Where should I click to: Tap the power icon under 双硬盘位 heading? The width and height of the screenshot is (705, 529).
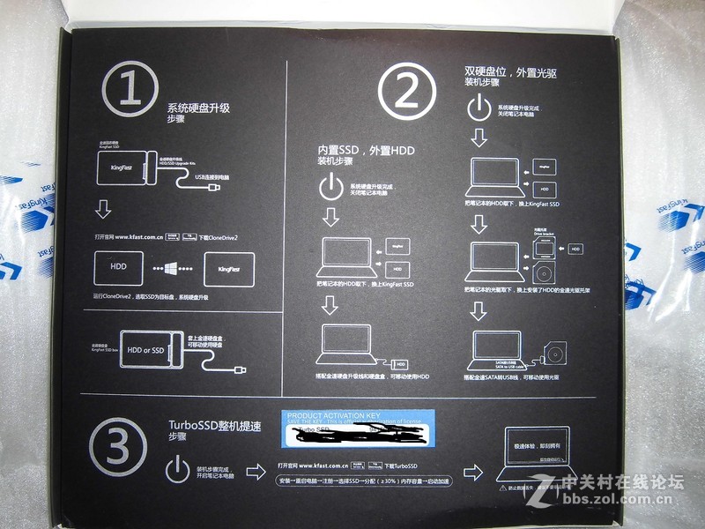click(x=478, y=108)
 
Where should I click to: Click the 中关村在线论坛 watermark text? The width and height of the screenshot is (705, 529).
click(x=627, y=481)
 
